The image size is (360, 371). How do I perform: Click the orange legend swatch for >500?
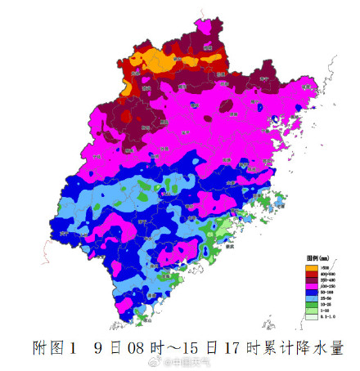[x=313, y=267]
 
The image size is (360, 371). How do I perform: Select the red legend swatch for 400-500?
[x=313, y=274]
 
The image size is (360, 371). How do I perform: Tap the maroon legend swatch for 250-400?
[x=313, y=280]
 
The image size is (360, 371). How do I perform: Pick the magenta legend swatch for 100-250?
[x=313, y=287]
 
